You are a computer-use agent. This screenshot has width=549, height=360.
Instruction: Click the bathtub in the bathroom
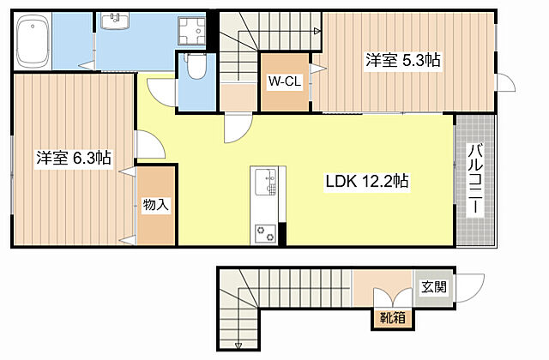33,41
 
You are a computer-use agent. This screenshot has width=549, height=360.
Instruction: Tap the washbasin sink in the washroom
115,21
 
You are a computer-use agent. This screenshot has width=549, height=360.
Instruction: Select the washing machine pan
191,31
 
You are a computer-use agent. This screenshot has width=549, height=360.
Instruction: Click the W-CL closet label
285,81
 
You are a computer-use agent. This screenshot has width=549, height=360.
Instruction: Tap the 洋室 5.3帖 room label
403,60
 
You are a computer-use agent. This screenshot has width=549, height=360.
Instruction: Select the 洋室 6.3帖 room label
74,158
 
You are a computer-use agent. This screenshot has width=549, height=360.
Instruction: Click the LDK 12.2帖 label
366,181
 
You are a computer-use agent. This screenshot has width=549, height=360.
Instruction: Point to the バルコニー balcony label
476,177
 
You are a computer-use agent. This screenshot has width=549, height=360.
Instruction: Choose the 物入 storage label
156,205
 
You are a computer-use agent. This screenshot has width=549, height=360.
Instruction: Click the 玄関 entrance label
434,287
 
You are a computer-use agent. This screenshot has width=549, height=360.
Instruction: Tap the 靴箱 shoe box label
393,318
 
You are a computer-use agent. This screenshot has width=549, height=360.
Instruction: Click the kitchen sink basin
265,182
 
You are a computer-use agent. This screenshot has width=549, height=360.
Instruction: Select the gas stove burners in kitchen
265,233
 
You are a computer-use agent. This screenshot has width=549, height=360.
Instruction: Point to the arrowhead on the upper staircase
317,31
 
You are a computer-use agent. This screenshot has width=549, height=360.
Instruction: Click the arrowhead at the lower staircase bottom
238,345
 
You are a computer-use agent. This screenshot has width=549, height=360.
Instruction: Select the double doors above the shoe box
393,297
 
